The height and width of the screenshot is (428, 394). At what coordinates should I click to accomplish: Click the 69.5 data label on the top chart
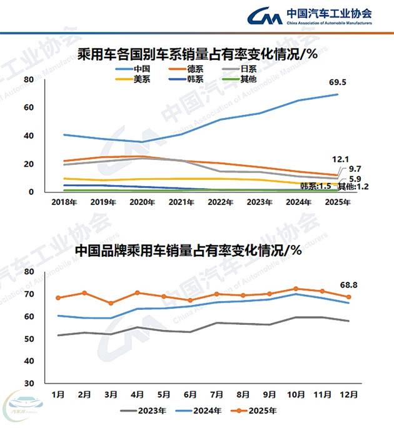(x=338, y=82)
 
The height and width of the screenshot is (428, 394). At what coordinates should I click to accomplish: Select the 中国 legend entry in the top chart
(x=141, y=69)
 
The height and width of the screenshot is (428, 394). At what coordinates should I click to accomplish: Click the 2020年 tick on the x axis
(x=144, y=202)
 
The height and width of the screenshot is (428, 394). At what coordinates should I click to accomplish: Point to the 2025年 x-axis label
(x=338, y=202)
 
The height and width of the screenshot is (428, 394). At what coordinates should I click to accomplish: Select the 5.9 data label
(x=354, y=179)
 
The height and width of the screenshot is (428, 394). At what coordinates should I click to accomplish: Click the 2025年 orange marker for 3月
(x=111, y=303)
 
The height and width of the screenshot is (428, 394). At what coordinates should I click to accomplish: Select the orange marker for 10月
(x=296, y=289)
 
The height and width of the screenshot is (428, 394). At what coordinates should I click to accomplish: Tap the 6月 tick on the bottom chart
(x=190, y=395)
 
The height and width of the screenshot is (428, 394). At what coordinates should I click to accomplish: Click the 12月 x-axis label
(x=349, y=395)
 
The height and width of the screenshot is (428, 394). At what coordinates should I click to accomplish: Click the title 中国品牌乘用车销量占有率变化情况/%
(x=188, y=251)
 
